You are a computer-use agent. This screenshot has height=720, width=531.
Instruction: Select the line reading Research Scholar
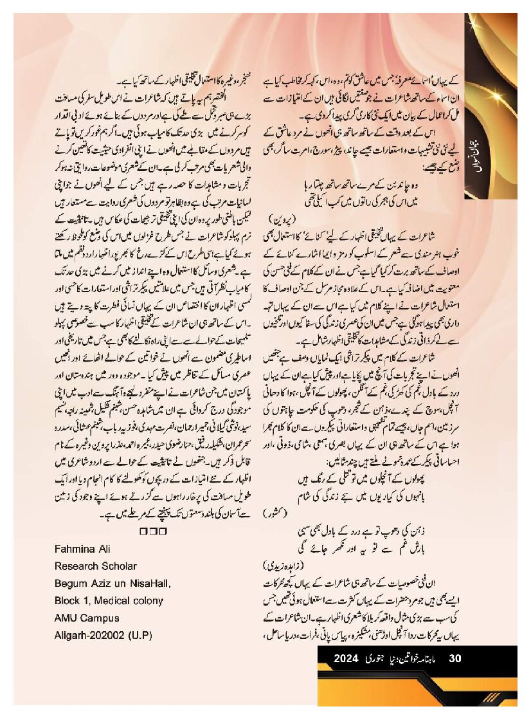96,566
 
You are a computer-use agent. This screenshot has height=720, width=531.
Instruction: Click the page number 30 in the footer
455,658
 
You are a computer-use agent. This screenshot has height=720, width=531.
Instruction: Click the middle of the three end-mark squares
153,531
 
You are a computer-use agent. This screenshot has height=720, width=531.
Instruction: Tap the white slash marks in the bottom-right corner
492,697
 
